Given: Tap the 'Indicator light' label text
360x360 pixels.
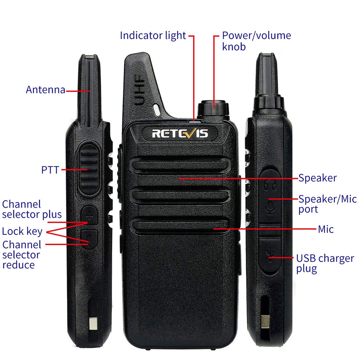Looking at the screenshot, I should coord(153,36).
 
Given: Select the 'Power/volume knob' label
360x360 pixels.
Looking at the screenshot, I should coord(256,40).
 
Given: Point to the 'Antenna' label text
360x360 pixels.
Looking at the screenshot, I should coord(45,90).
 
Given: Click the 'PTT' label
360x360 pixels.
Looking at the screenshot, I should coord(50,170).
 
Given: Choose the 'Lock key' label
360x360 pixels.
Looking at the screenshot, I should coord(22,232).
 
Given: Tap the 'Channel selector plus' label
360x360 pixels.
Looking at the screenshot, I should coord(31,209).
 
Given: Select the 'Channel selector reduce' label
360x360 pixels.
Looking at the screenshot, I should coord(28,255).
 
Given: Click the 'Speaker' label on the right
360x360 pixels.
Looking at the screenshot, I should coord(318,178).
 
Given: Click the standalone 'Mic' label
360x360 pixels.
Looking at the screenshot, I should coord(326,229).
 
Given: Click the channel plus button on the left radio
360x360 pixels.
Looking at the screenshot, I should coord(90,217).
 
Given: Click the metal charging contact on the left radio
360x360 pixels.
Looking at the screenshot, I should coord(94,323).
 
